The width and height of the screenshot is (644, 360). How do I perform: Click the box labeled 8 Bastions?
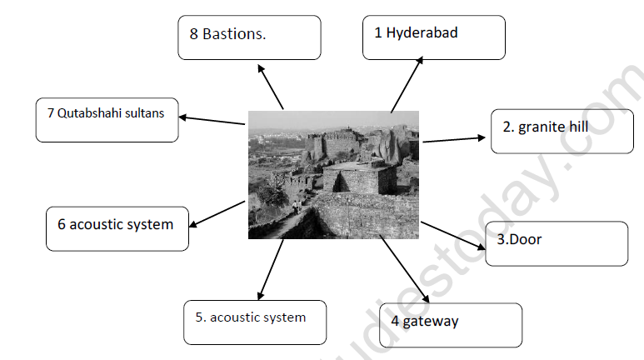pyautogui.click(x=249, y=38)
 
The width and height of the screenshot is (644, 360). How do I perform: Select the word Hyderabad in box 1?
pyautogui.click(x=422, y=33)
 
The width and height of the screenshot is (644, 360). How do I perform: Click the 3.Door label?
pyautogui.click(x=557, y=243)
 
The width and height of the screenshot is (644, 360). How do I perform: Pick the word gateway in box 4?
pyautogui.click(x=431, y=321)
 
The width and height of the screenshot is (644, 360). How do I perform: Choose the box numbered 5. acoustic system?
pyautogui.click(x=255, y=322)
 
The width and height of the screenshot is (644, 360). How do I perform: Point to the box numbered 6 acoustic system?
pyautogui.click(x=117, y=229)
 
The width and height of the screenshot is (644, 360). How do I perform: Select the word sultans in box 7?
pyautogui.click(x=151, y=113)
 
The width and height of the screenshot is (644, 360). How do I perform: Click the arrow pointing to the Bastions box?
pyautogui.click(x=272, y=88)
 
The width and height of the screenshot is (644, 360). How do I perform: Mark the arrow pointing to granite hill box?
pyautogui.click(x=453, y=139)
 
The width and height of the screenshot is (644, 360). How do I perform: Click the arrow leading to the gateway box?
pyautogui.click(x=405, y=270)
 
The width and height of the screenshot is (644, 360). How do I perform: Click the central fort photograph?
pyautogui.click(x=334, y=175)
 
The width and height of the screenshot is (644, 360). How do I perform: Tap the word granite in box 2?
pyautogui.click(x=540, y=127)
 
